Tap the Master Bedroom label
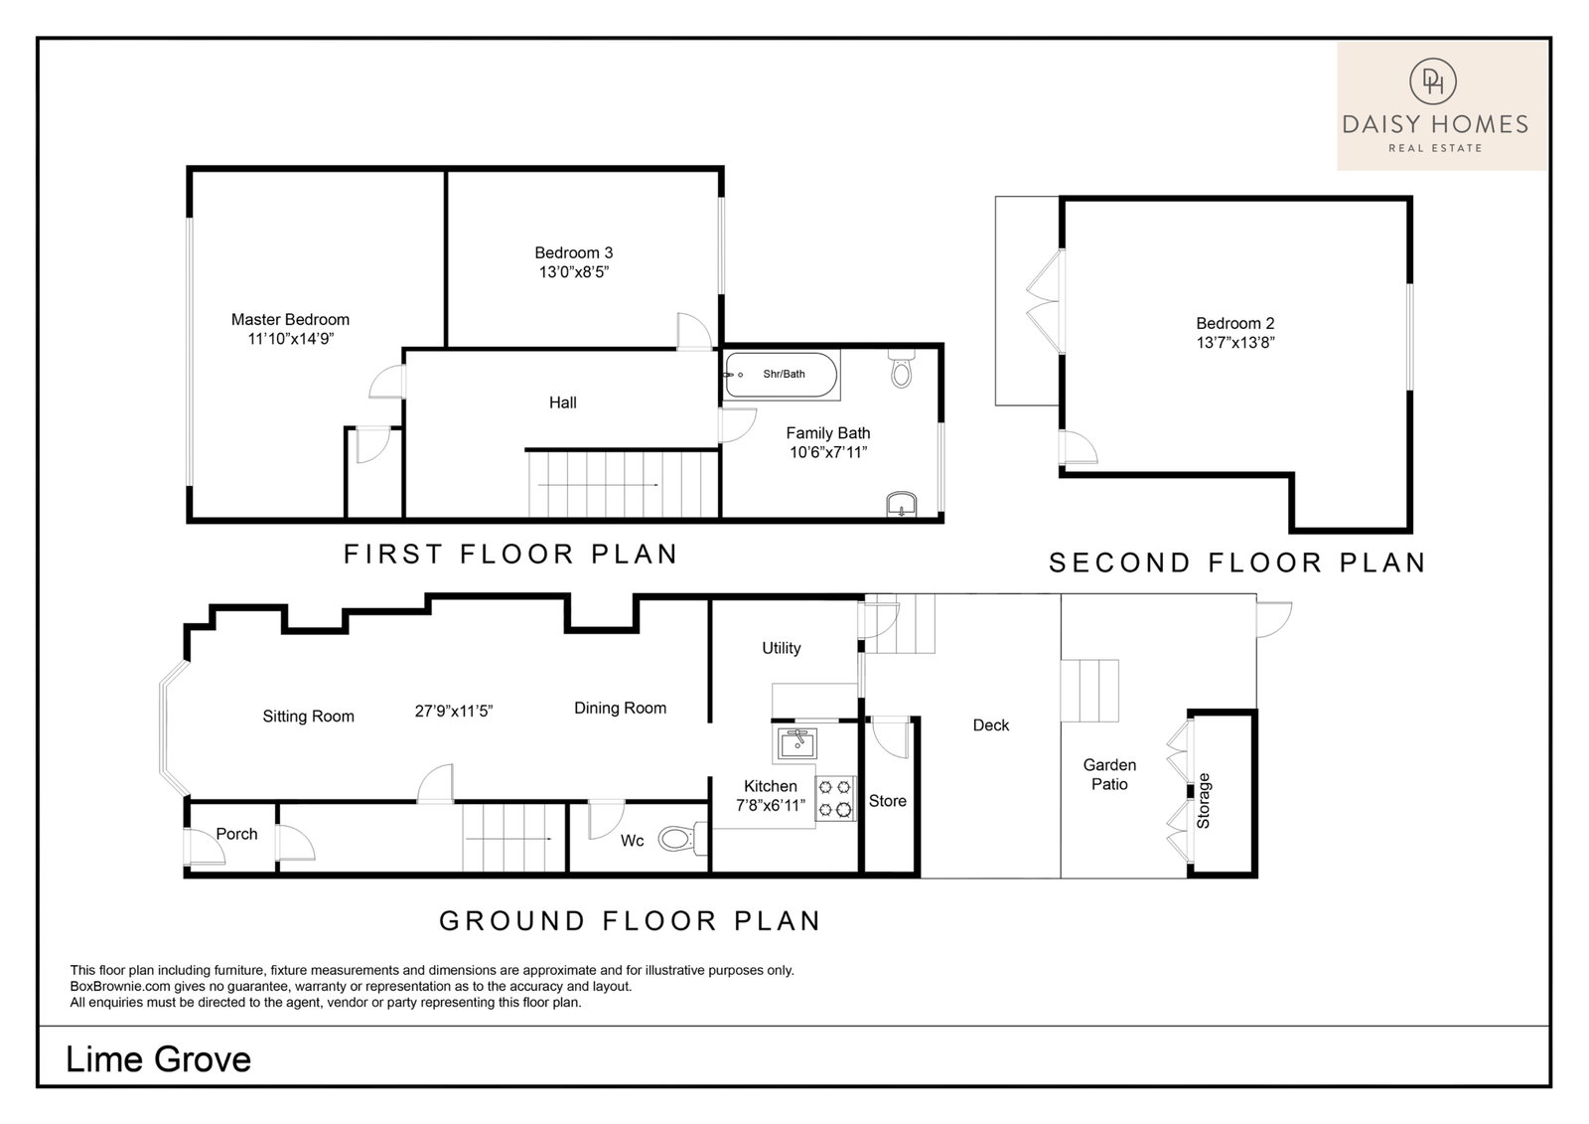point(290,320)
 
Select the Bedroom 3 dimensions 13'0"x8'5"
point(574,272)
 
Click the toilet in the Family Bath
point(902,368)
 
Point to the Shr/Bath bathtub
point(781,375)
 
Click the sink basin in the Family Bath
point(902,504)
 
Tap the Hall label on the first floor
point(562,402)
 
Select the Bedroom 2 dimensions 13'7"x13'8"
point(1235,342)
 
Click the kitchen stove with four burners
point(835,799)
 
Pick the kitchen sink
point(797,744)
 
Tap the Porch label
point(236,834)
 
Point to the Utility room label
point(781,648)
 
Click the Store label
point(888,801)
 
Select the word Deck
point(990,724)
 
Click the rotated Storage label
point(1203,800)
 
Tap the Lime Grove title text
point(158,1059)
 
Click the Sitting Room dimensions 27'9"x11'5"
point(453,711)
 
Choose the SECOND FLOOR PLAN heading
point(1237,563)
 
